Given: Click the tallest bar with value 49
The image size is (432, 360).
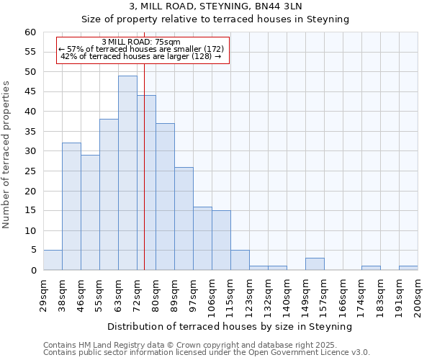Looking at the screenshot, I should pyautogui.click(x=127, y=173).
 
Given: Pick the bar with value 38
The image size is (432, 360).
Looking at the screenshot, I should pyautogui.click(x=109, y=194).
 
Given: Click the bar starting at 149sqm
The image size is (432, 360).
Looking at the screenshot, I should pyautogui.click(x=315, y=264).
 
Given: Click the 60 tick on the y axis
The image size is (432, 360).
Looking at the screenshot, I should pyautogui.click(x=30, y=32).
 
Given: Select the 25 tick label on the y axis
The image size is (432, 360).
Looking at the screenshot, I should pyautogui.click(x=30, y=171).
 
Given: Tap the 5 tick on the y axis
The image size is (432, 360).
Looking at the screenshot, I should pyautogui.click(x=32, y=251).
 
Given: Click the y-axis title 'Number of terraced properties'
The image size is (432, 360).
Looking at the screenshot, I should pyautogui.click(x=7, y=154).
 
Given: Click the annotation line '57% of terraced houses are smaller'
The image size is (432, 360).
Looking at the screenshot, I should pyautogui.click(x=141, y=49).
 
